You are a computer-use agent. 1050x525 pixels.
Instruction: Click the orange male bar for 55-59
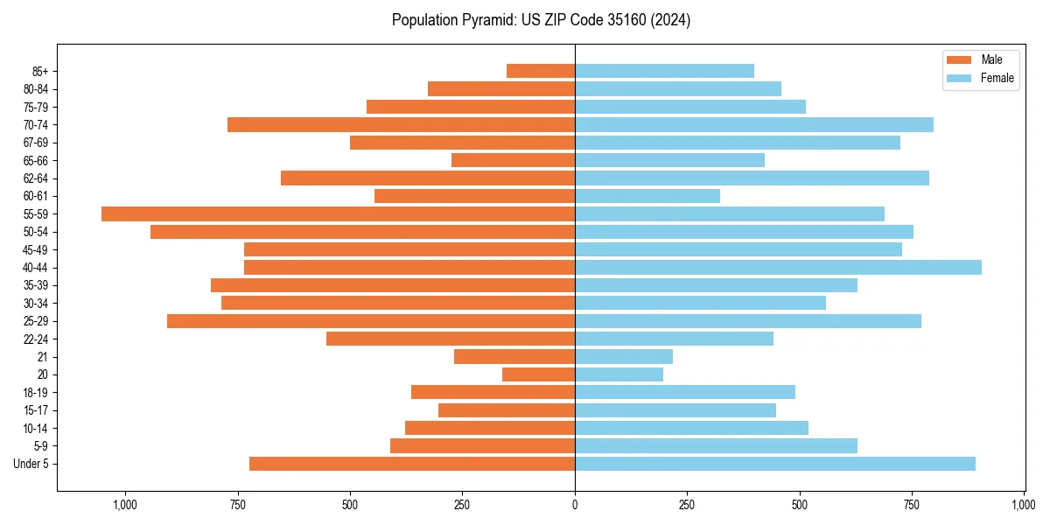coord(338,213)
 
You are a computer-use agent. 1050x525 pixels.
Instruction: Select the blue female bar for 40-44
coord(778,267)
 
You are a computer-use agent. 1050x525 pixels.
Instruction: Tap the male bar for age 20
coord(538,374)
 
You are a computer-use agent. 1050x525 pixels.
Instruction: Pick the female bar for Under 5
coord(774,464)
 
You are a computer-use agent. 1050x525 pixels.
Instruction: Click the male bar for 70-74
coord(401,124)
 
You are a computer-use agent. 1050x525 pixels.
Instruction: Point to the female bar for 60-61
coord(647,196)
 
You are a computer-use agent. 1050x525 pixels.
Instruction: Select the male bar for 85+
coord(541,71)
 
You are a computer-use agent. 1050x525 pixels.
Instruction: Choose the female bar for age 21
coord(624,356)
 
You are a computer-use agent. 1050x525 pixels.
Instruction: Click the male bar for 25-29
coord(371,321)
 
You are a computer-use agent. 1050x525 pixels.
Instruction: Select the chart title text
coord(541,20)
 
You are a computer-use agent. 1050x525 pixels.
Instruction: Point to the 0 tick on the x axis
coord(575,505)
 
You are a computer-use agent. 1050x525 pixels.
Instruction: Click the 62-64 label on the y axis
coord(36,178)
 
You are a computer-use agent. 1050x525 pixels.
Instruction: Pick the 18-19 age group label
coord(36,392)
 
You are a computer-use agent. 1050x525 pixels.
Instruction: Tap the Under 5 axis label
coord(31,464)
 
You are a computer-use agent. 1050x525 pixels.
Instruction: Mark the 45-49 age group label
coord(36,249)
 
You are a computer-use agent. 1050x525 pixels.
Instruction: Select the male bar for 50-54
coord(362,232)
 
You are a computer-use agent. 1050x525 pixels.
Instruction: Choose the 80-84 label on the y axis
coord(36,88)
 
